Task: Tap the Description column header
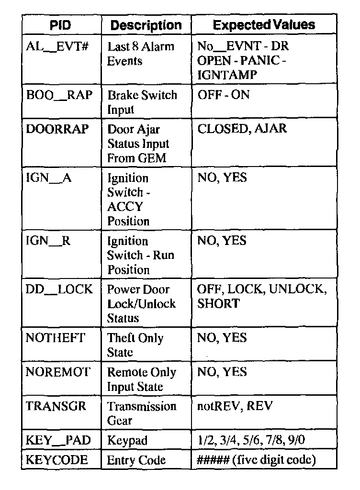(x=146, y=25)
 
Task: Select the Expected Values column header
(x=264, y=25)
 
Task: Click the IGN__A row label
(x=48, y=178)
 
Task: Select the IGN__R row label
(x=48, y=241)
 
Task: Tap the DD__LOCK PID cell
(x=59, y=290)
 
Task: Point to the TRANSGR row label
(x=56, y=406)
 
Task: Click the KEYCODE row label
(x=57, y=460)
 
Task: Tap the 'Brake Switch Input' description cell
(x=142, y=102)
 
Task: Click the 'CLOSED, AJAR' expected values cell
(x=242, y=129)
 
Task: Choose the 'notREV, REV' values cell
(x=234, y=406)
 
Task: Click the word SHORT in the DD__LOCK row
(x=218, y=304)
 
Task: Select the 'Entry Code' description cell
(x=136, y=460)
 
